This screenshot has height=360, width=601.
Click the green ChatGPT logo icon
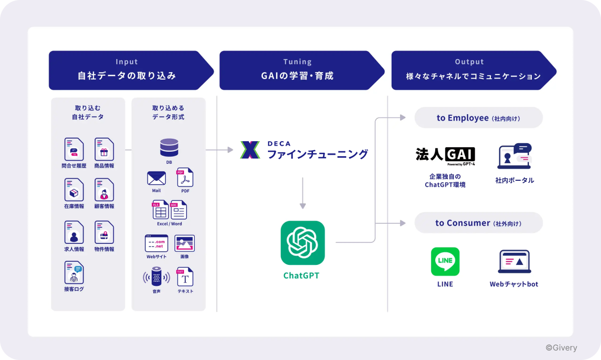(303, 243)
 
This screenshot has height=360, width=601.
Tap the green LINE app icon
(445, 261)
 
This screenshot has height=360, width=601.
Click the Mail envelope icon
(156, 178)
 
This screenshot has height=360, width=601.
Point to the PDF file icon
(184, 178)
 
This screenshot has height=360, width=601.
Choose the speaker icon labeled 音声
(156, 277)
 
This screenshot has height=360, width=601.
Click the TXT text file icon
(185, 277)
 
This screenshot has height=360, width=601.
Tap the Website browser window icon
(156, 243)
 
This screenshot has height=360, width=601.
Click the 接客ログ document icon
(74, 273)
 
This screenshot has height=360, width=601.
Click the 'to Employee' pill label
(478, 118)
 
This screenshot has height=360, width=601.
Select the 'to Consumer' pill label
(478, 223)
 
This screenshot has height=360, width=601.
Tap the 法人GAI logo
(445, 156)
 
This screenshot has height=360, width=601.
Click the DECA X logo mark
(250, 150)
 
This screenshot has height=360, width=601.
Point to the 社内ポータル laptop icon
(514, 156)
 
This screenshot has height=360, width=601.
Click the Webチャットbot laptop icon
(514, 261)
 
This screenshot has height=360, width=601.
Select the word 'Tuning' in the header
(297, 62)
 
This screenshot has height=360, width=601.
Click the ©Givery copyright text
(561, 347)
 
